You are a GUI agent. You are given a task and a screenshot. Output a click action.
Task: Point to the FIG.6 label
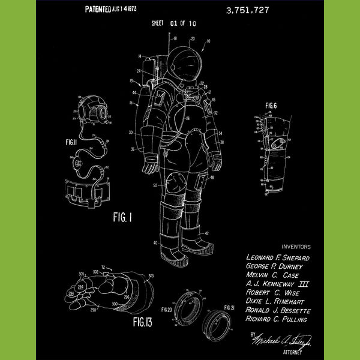(x=271, y=106)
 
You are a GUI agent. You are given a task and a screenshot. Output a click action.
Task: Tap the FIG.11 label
(x=71, y=144)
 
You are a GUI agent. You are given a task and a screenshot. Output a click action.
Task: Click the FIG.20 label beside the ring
(x=166, y=309)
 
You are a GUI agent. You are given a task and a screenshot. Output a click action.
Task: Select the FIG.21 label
(x=229, y=308)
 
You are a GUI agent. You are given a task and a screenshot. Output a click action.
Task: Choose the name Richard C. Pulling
(x=277, y=320)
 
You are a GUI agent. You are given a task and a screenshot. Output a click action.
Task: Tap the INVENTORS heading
(x=296, y=246)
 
